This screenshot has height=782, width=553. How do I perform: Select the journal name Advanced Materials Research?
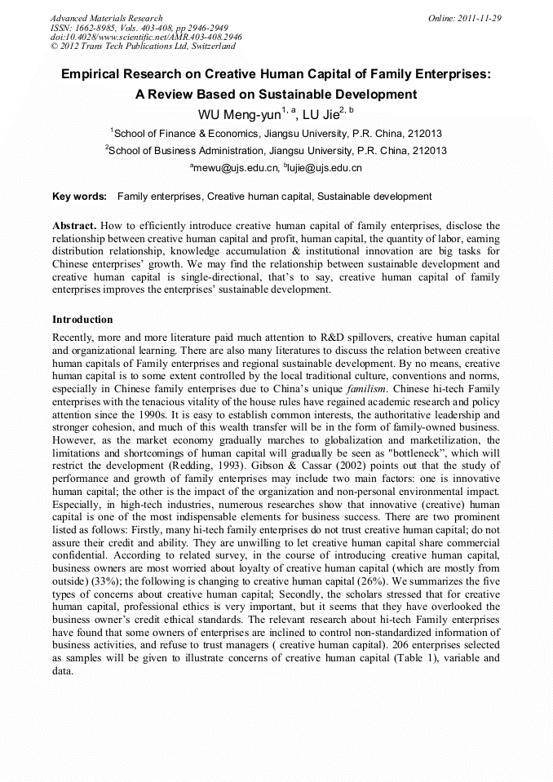[106, 17]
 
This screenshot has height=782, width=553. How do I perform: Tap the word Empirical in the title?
[96, 74]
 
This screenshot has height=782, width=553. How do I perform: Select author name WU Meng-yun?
[239, 113]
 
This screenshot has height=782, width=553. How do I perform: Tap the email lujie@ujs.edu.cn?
[323, 168]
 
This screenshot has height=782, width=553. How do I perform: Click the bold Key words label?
[79, 197]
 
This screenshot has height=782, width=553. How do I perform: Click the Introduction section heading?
[82, 320]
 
